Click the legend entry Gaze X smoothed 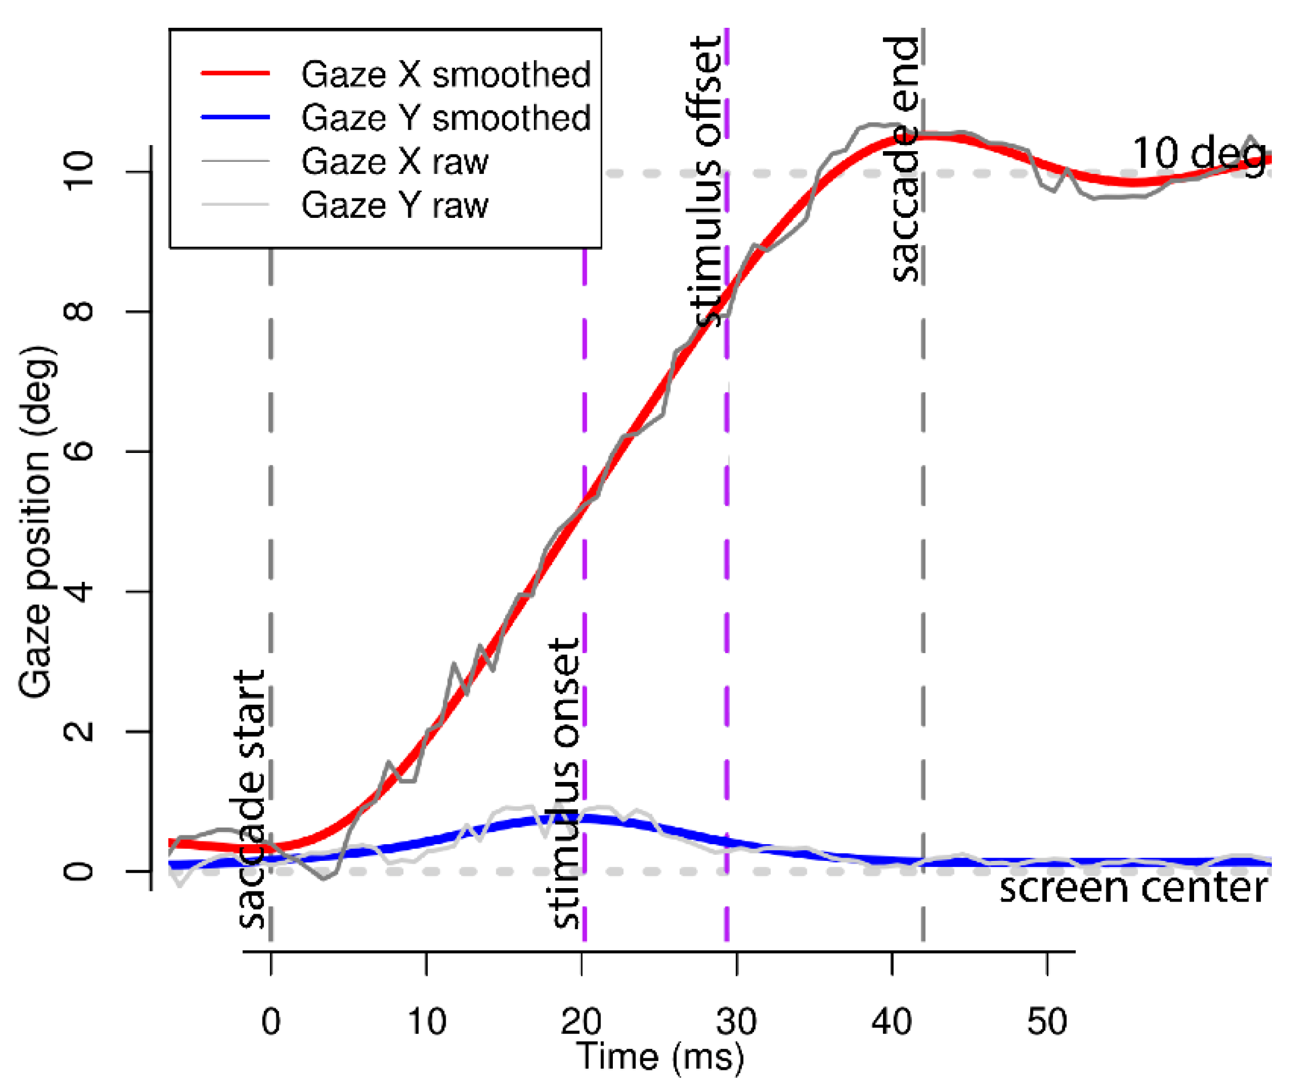pos(445,74)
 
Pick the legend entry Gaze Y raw pos(395,205)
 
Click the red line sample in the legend pos(236,73)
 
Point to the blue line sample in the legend pos(236,117)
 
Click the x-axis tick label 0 pos(271,1022)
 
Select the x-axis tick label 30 pos(736,1022)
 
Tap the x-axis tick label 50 pos(1047,1022)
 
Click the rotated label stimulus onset pos(564,783)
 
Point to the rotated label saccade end pos(902,158)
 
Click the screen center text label pos(1133,888)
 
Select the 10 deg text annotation pos(1199,153)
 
